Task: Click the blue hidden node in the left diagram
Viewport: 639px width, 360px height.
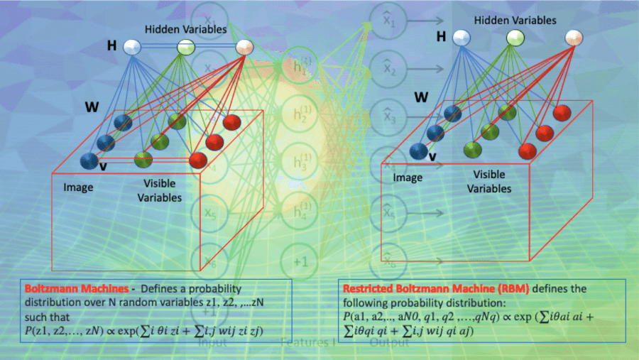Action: click(x=133, y=48)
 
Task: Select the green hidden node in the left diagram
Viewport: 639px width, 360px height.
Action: click(x=186, y=48)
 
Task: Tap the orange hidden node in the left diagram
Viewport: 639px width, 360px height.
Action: click(x=245, y=48)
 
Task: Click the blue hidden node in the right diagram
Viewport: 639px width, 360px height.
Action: click(x=462, y=38)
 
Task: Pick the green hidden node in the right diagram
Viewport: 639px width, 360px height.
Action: click(x=515, y=38)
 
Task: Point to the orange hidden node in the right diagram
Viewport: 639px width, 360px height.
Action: click(x=574, y=38)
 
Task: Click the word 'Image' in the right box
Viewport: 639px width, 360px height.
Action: click(x=408, y=178)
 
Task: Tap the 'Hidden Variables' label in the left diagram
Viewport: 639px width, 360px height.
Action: click(x=185, y=30)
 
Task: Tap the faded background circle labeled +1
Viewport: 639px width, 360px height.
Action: click(x=300, y=261)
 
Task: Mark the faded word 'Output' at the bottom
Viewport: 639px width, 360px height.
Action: click(x=390, y=342)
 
